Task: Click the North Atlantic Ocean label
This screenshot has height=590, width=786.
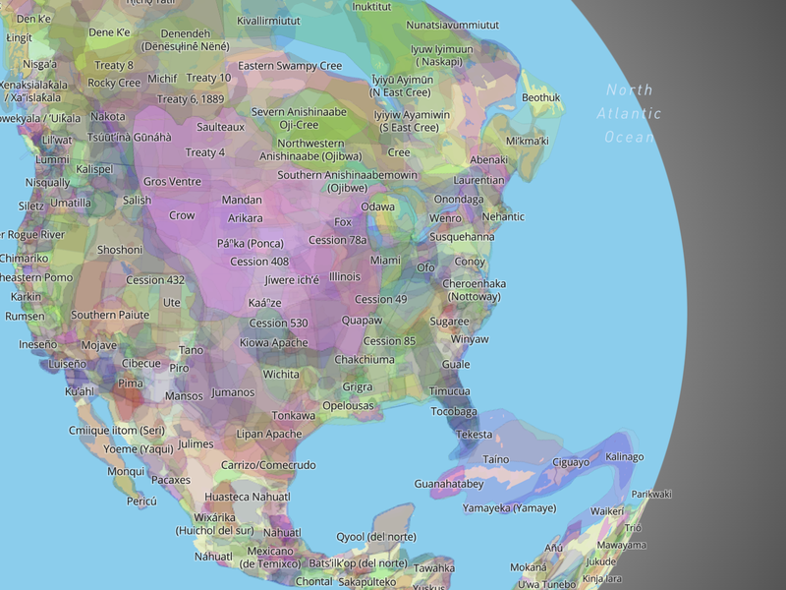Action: coord(629,113)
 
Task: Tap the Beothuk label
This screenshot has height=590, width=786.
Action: coord(540,97)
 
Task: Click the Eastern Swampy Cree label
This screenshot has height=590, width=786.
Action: coord(290,66)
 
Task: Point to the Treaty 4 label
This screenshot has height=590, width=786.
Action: coord(205,152)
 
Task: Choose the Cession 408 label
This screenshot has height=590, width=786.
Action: coord(259,262)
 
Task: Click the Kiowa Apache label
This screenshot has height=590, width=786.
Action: coord(273,342)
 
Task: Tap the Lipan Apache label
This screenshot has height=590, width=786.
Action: coord(269,434)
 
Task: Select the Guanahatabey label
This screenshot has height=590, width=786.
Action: coord(449,484)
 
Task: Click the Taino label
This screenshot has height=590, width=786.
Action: coord(496,459)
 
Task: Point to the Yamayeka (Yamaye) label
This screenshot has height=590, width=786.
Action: coord(509,508)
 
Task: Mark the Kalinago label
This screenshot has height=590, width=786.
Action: coord(624,456)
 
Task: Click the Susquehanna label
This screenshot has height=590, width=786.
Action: coord(462,236)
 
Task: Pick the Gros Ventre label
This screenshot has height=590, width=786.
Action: coord(172,182)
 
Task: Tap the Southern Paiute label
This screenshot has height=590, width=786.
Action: coord(110,315)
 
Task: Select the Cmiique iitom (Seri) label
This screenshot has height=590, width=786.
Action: coord(116,430)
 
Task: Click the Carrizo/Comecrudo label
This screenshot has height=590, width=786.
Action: coord(268,465)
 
